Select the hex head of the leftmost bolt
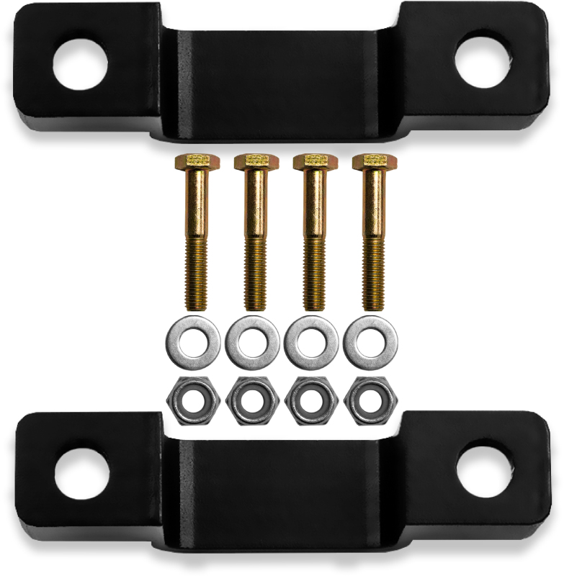click(192, 162)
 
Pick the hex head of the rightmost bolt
click(369, 162)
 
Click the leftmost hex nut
click(192, 399)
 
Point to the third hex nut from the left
click(311, 399)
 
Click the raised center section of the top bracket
click(281, 79)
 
